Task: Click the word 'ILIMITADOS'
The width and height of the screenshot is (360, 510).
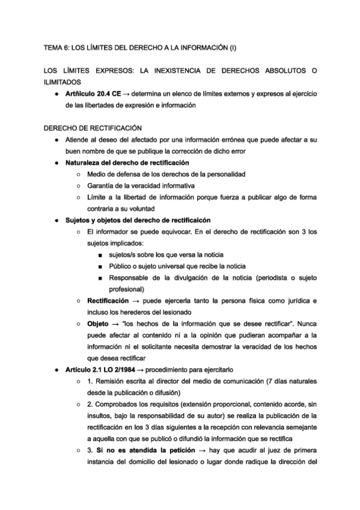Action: pyautogui.click(x=64, y=82)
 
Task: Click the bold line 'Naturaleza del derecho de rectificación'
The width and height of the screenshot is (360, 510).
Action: pyautogui.click(x=127, y=162)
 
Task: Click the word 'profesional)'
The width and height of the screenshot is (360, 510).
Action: pyautogui.click(x=126, y=289)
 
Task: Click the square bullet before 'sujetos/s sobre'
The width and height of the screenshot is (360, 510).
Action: pyautogui.click(x=97, y=255)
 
